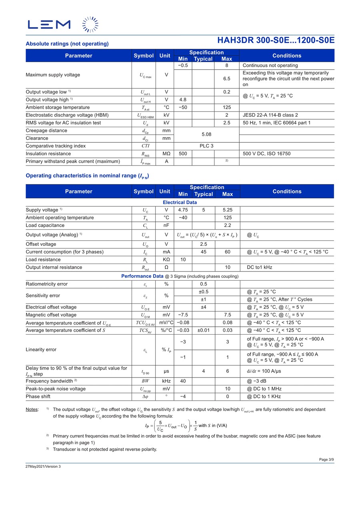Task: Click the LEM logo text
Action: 49,25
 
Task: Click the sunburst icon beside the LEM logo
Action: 90,24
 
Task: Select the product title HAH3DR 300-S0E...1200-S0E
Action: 276,40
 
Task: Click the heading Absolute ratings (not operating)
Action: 67,44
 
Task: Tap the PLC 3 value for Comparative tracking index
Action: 206,146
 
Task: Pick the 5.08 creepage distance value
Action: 206,135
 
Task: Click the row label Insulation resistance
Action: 48,154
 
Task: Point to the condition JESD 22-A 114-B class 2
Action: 270,115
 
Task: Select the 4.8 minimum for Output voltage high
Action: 183,100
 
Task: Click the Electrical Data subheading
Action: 180,202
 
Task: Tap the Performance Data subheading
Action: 142,276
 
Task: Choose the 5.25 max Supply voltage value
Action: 227,210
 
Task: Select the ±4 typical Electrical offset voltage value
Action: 203,307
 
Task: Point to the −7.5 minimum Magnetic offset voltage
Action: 183,315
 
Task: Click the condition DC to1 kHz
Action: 260,267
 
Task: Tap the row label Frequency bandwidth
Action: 50,381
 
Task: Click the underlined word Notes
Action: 32,409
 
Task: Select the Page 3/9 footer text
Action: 326,459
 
